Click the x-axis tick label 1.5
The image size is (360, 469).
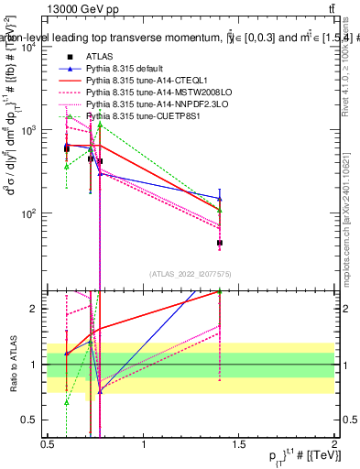tap(239, 444)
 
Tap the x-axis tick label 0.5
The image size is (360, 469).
tap(48, 444)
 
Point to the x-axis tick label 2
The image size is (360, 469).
tap(334, 444)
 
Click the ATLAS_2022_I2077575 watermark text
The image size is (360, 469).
tap(191, 274)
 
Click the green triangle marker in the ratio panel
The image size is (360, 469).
tap(67, 402)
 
